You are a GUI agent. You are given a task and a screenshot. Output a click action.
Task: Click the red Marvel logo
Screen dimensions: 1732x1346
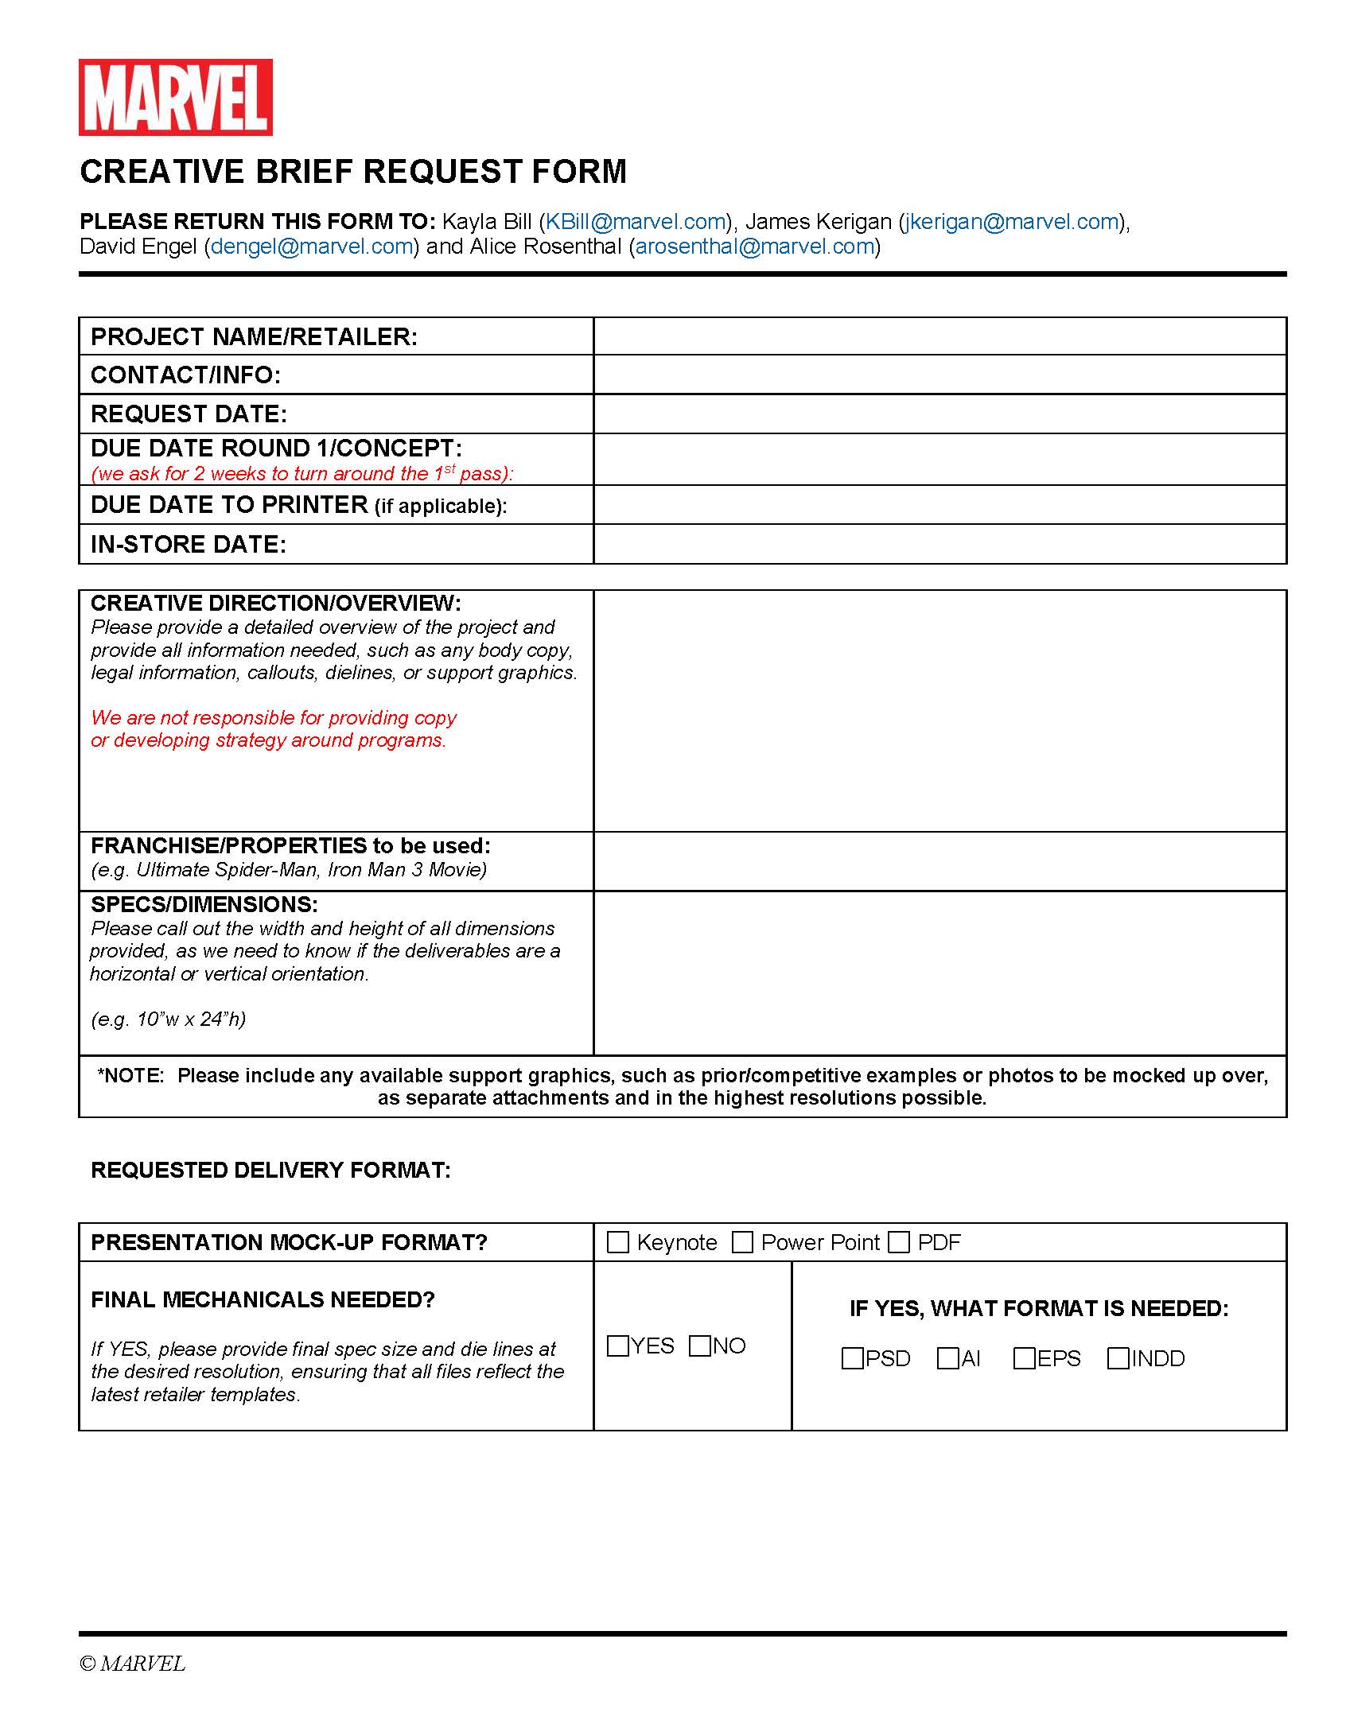click(175, 97)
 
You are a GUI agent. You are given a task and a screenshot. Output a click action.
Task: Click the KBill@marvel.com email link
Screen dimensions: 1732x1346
click(636, 222)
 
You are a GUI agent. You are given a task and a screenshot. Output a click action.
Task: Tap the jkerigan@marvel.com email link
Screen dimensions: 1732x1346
click(1012, 222)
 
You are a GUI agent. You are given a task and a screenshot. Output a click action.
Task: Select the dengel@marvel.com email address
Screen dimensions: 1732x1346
click(312, 247)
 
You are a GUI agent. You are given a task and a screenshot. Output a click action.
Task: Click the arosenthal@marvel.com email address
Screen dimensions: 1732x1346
click(755, 247)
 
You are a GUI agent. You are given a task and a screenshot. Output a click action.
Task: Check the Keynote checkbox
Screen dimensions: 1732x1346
click(618, 1242)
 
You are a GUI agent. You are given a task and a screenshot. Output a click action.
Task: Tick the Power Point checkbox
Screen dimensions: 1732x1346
click(742, 1242)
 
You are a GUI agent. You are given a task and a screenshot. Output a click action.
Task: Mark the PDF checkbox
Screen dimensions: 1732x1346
click(899, 1242)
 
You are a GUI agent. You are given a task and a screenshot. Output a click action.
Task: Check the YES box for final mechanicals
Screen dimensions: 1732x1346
click(618, 1346)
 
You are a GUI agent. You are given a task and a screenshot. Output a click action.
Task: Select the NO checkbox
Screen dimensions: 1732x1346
click(700, 1346)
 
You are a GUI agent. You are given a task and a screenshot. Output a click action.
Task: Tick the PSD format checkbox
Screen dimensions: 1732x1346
click(853, 1358)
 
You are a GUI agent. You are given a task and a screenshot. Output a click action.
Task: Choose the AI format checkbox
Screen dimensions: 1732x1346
click(948, 1358)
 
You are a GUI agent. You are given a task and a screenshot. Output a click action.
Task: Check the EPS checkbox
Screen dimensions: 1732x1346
click(1025, 1358)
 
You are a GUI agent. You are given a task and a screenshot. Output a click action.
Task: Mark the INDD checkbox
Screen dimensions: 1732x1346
click(1118, 1358)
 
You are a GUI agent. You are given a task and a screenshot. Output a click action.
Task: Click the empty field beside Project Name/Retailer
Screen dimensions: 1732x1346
click(939, 336)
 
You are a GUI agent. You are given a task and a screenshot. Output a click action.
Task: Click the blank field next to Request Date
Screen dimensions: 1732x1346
click(939, 414)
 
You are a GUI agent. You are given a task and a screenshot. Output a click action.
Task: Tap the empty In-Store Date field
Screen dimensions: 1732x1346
click(939, 544)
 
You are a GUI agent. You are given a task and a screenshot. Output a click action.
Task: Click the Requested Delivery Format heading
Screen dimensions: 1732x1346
click(270, 1171)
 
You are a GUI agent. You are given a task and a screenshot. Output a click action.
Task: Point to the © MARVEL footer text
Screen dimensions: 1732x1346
click(133, 1664)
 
